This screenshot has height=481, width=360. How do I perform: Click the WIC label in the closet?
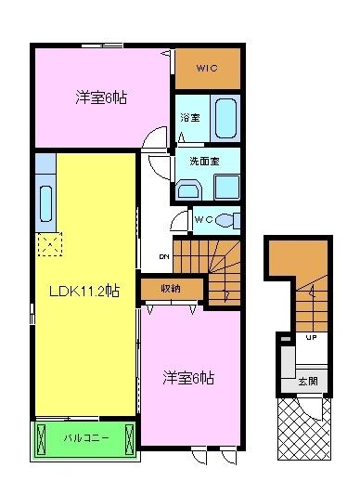[x=207, y=67]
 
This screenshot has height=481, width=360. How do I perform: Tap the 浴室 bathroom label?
[x=188, y=118]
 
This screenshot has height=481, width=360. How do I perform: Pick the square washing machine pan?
[x=226, y=187]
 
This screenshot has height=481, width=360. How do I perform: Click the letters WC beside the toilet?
[x=205, y=219]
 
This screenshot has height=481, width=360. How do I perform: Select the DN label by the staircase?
[x=163, y=256]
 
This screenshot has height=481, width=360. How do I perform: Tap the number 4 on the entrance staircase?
[x=313, y=293]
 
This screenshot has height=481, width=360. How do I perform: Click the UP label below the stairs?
[x=312, y=337]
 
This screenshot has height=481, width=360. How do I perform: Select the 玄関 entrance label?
[x=307, y=381]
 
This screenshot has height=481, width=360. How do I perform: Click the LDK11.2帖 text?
[x=84, y=290]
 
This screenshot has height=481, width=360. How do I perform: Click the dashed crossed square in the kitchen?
[x=48, y=245]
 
